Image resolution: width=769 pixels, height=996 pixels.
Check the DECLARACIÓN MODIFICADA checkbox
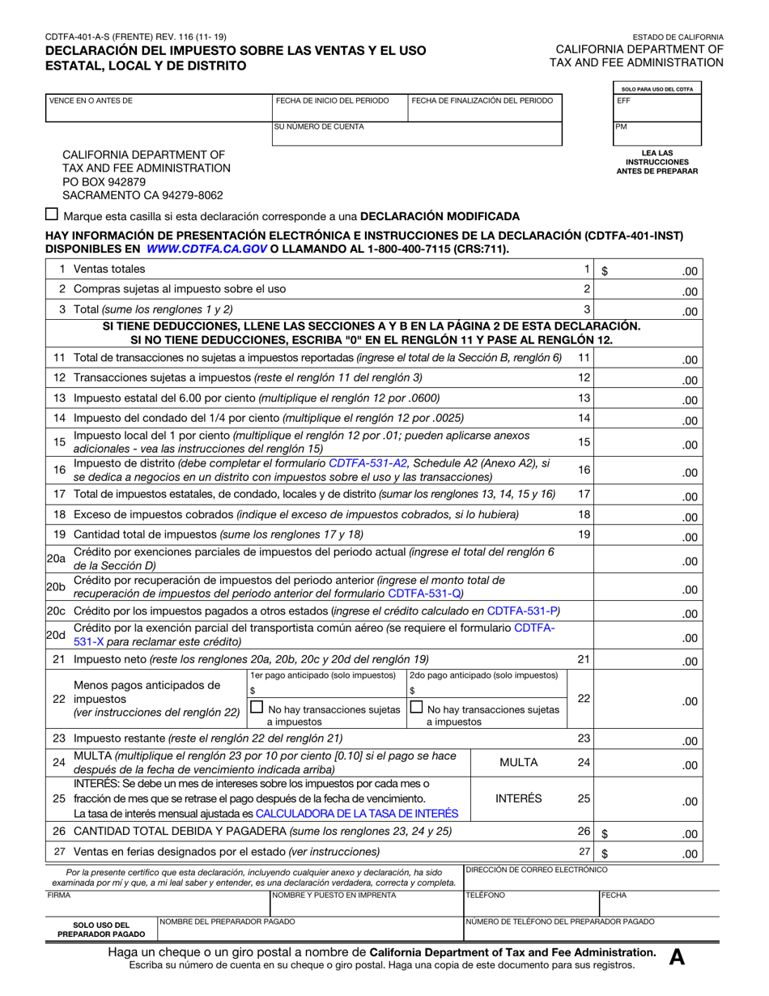(x=53, y=215)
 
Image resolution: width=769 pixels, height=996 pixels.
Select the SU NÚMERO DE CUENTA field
(x=417, y=134)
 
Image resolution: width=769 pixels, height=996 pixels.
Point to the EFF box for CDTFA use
(x=656, y=108)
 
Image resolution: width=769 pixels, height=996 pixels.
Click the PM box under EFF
(x=656, y=133)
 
